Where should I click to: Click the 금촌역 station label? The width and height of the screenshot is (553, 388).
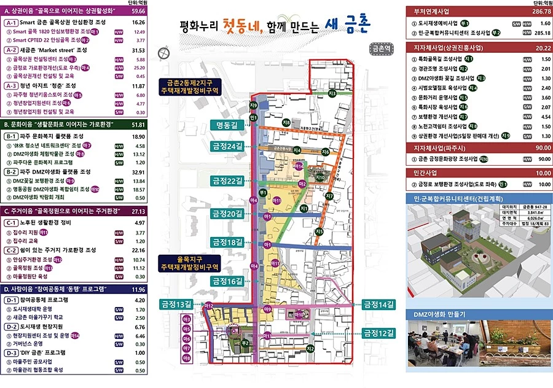click(381, 47)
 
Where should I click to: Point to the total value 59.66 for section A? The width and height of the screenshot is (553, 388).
click(138, 11)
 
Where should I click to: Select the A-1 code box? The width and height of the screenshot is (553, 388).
click(13, 22)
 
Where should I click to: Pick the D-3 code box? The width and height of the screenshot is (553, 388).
click(13, 353)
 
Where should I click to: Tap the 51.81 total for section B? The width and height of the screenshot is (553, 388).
click(138, 125)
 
